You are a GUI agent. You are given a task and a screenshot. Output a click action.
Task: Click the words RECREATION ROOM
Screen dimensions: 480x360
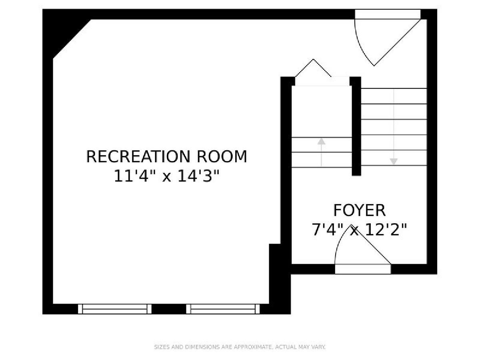tap(167, 156)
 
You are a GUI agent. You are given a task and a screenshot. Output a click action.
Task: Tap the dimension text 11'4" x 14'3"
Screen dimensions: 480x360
tap(166, 176)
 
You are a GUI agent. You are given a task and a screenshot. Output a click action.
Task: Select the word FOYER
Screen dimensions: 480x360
tap(359, 210)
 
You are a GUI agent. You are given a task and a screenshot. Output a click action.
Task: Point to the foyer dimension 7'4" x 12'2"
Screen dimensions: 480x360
tap(359, 230)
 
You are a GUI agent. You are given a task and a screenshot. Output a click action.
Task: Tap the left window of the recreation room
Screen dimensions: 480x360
tap(114, 309)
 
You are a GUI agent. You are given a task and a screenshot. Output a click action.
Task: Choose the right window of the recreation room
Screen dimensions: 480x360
tap(223, 309)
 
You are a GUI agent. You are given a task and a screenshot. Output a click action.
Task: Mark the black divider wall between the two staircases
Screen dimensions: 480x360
tap(356, 126)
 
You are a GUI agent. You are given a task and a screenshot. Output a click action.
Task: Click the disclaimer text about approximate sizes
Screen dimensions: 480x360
tap(240, 347)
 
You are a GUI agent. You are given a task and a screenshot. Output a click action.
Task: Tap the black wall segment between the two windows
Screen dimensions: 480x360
tap(169, 309)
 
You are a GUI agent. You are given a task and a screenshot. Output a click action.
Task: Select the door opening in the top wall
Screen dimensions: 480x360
tap(388, 14)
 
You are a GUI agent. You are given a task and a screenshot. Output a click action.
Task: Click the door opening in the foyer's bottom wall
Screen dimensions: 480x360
tap(363, 269)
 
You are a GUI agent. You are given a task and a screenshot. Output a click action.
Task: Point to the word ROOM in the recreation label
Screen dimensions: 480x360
tap(222, 156)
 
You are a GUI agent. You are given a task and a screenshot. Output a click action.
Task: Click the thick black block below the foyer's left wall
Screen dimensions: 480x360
tap(280, 279)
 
